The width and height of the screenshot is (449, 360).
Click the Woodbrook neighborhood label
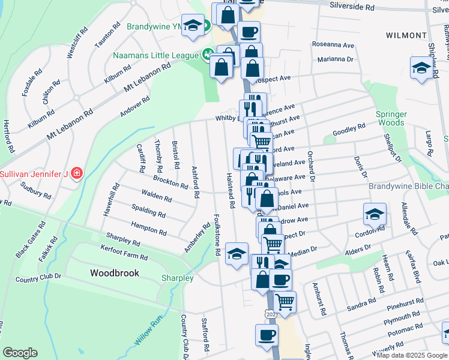coord(115,273)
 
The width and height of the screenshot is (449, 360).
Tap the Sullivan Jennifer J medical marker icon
coord(76,174)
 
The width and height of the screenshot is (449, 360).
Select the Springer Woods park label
coord(390,118)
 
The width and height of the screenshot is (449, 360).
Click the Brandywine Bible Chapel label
coord(408,187)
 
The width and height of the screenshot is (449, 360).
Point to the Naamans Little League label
coord(156,55)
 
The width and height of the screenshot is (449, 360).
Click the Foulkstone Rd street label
coord(218,235)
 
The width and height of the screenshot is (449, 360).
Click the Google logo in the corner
coord(20,353)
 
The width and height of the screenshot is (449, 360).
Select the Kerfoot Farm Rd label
coord(125,257)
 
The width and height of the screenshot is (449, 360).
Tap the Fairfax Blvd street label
coord(413,267)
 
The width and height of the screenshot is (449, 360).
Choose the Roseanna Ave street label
coord(333,45)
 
